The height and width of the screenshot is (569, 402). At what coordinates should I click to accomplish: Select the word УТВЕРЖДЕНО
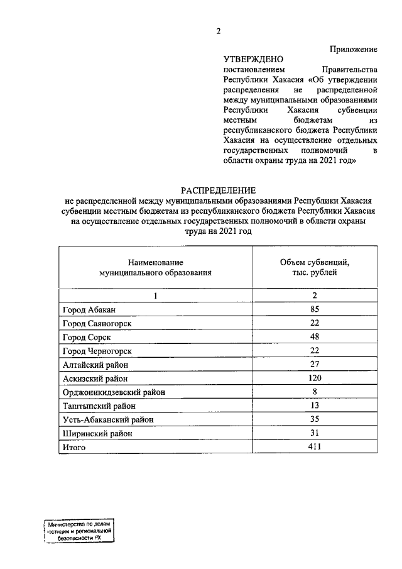point(250,58)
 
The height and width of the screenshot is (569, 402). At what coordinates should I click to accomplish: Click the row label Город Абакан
point(89,309)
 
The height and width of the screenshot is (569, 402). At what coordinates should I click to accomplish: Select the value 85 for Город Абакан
point(314,309)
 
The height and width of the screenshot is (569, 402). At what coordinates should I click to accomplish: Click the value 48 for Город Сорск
point(314,336)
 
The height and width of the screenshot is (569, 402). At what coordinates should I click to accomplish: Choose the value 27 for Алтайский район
point(314,364)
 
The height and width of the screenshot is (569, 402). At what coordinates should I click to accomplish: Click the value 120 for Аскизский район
point(314,378)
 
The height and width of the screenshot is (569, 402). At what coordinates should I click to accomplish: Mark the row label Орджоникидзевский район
point(114,392)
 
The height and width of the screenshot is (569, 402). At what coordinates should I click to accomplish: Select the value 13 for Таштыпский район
point(314,406)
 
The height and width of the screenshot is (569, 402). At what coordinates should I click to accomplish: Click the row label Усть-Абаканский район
point(107,419)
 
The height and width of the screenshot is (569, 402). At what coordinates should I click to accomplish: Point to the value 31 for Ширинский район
point(314,433)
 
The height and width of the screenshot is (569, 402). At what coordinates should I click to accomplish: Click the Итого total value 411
point(314,447)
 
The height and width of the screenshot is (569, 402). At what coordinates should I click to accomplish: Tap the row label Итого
point(73,447)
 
